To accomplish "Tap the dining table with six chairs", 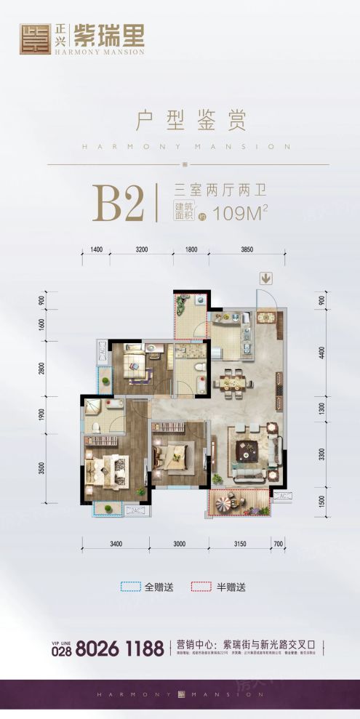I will click(x=233, y=379).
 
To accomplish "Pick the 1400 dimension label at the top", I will click(x=97, y=249).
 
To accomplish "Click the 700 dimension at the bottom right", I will click(x=277, y=542).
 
